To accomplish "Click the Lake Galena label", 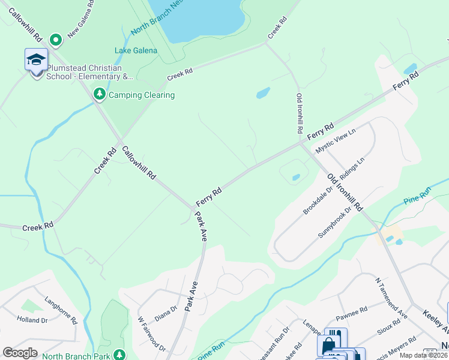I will tap(136, 50).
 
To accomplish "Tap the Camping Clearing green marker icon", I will tap(99, 94).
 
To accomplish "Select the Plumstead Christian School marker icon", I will tap(36, 61).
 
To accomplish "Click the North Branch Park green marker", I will tap(120, 355).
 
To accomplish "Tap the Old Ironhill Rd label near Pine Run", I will tap(345, 192).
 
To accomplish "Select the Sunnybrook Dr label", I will tap(334, 223).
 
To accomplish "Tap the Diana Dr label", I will tap(166, 313).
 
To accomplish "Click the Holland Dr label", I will tap(32, 320).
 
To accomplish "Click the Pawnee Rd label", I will tap(351, 312).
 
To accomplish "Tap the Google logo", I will tap(20, 352).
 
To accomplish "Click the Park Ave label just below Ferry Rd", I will tap(201, 226).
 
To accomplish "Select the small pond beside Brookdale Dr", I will tap(296, 177).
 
